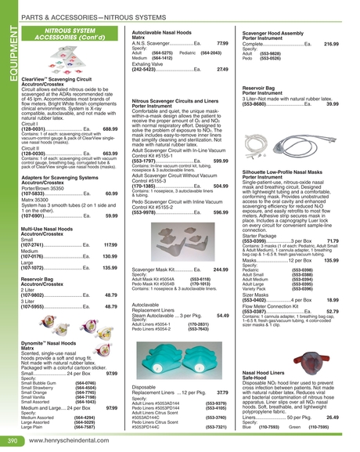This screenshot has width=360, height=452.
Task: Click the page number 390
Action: (13, 441)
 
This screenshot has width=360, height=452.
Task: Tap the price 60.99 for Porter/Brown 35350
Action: (111, 193)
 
